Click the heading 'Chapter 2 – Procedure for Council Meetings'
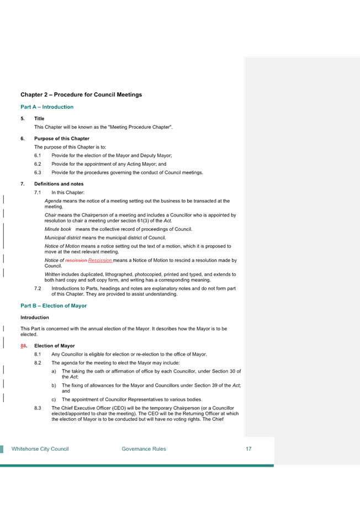pos(81,94)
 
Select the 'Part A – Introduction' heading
pos(47,107)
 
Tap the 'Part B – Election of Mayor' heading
pos(54,305)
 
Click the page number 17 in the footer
pos(248,449)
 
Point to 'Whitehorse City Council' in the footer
pos(40,449)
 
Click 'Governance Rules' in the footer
pos(144,449)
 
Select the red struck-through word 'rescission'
pos(76,260)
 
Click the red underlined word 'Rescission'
pos(100,260)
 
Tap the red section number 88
pos(23,346)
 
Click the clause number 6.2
pos(38,164)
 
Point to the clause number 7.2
pos(38,289)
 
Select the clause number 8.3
pos(38,408)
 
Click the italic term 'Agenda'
pos(53,201)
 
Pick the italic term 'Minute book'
pos(58,229)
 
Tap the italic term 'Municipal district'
pos(62,238)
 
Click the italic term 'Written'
pos(52,275)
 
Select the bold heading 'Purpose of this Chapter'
pos(62,139)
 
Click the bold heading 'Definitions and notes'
pos(59,184)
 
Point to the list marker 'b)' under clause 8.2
pos(54,386)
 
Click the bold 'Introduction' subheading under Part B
pos(35,318)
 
